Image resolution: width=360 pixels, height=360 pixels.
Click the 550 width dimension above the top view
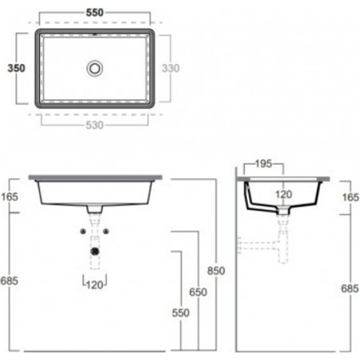coord(95,13)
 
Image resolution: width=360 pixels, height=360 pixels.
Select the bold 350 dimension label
coord(16,68)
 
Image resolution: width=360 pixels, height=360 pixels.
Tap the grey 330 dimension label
coord(171,68)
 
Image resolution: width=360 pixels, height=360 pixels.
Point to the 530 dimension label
coord(95,125)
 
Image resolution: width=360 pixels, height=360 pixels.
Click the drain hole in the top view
coord(95,68)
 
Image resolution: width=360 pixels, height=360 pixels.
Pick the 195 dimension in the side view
coord(263,164)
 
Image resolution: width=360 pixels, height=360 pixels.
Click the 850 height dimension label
coord(216,271)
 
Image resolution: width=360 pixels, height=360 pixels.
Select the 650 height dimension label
coord(198,292)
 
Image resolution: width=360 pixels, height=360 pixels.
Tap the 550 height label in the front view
coord(181,313)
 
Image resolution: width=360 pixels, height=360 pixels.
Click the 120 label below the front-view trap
coord(95,285)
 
